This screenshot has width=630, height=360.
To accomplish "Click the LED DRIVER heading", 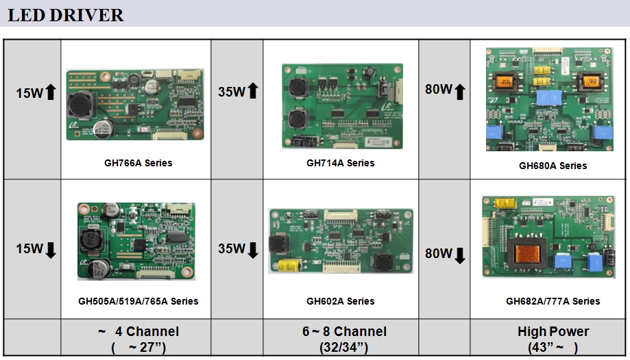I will [x=66, y=15].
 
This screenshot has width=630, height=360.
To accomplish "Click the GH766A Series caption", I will [x=138, y=163].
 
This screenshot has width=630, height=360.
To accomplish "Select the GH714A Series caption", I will [x=340, y=163].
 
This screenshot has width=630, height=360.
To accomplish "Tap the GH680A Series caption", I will [x=553, y=166].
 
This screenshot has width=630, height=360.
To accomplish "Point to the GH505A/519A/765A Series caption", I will [x=138, y=301].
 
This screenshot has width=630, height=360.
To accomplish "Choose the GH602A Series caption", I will [x=340, y=301].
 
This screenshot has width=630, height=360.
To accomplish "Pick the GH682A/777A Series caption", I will [x=553, y=301].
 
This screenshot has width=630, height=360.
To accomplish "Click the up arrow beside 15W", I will [x=50, y=92].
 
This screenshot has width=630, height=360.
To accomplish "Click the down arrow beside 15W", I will [x=50, y=250].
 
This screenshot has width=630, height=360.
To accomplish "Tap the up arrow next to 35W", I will [x=252, y=90].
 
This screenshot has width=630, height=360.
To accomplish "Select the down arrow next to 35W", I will [x=252, y=250].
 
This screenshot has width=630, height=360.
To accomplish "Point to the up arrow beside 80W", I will [x=459, y=90].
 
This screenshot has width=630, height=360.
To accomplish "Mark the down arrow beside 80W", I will [x=459, y=255].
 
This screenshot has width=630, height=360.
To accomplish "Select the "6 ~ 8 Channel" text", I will [x=344, y=332].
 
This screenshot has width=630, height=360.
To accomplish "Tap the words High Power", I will [x=553, y=332].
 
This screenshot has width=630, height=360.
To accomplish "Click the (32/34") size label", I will [x=344, y=347].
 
